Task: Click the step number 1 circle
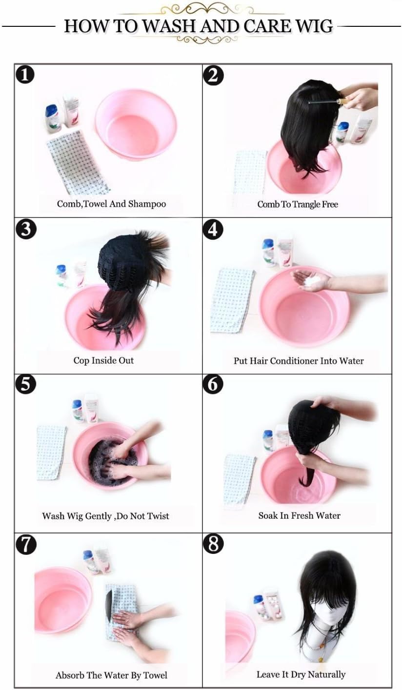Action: [25, 75]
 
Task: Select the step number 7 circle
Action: [26, 544]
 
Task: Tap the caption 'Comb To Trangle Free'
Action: [298, 204]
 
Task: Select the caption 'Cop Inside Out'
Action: [103, 360]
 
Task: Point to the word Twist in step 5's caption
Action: [158, 516]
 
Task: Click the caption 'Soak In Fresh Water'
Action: [300, 515]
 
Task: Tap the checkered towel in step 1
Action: [78, 162]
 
